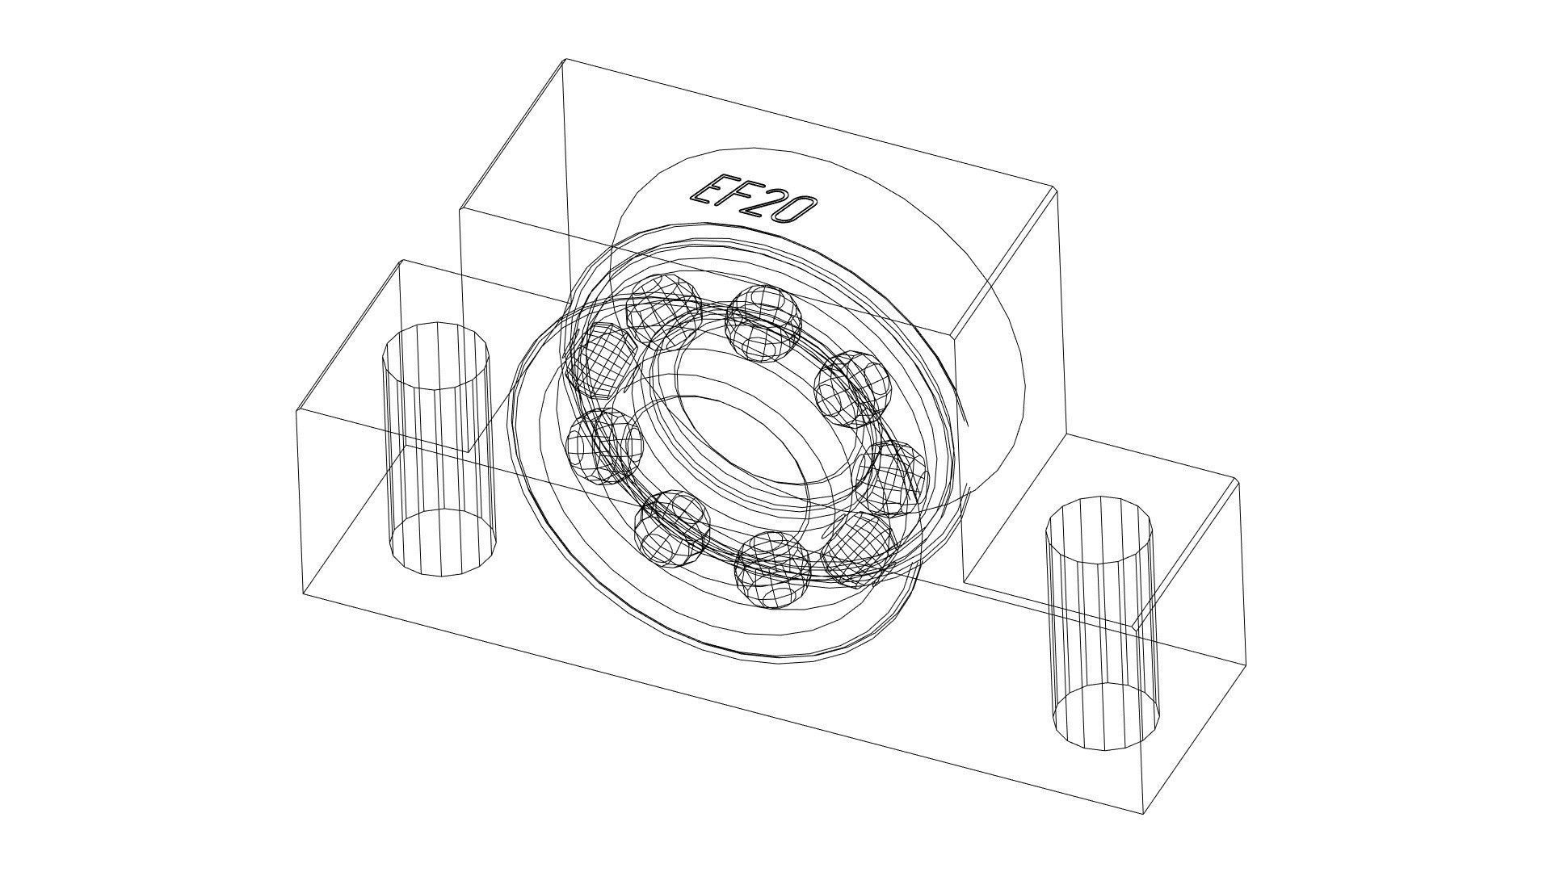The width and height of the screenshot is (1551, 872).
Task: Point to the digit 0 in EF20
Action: [x=792, y=210]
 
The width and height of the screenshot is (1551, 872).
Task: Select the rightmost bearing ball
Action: [x=892, y=479]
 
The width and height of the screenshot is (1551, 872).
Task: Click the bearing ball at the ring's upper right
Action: [x=852, y=388]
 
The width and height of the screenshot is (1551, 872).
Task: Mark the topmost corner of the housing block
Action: [x=565, y=59]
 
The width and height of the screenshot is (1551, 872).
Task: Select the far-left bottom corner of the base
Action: [x=304, y=595]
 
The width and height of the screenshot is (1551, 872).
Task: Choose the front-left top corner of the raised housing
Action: [x=460, y=209]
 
